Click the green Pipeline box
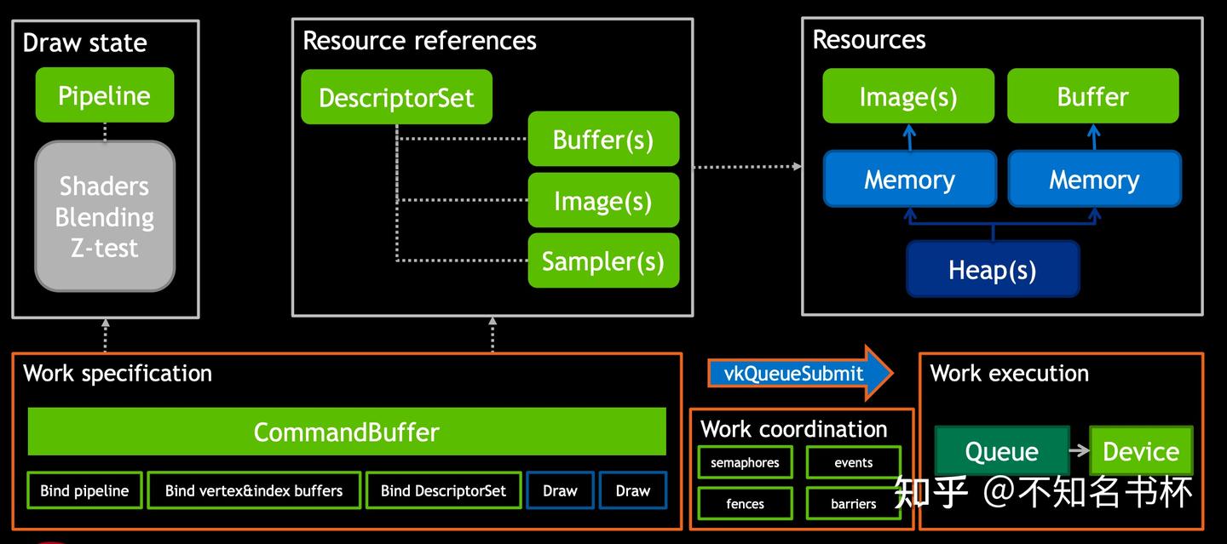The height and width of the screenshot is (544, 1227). tap(105, 95)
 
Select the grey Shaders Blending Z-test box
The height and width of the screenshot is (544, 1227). tap(105, 216)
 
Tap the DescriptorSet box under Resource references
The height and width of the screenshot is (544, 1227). tap(396, 97)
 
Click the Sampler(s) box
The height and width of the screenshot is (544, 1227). tap(603, 261)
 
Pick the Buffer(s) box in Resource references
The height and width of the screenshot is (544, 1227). tap(603, 139)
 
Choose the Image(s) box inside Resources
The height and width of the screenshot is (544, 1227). tap(908, 96)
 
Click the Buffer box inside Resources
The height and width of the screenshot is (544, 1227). tap(1093, 96)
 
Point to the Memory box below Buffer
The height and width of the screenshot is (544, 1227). tap(1094, 179)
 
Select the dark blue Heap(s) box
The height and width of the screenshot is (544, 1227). tap(993, 269)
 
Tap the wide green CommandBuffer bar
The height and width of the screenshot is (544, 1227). tap(347, 432)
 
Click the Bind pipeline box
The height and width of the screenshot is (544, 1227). tap(84, 490)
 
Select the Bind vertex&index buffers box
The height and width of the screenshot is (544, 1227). tap(254, 490)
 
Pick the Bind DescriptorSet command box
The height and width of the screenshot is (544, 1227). tap(443, 490)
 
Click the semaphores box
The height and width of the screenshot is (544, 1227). tap(745, 462)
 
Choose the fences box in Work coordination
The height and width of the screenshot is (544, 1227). tap(745, 503)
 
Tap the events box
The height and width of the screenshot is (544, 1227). tap(853, 462)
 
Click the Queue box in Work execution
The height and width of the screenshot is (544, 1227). tap(1001, 451)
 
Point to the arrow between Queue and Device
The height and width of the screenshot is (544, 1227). tap(1080, 451)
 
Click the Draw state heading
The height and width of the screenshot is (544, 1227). tap(84, 43)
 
